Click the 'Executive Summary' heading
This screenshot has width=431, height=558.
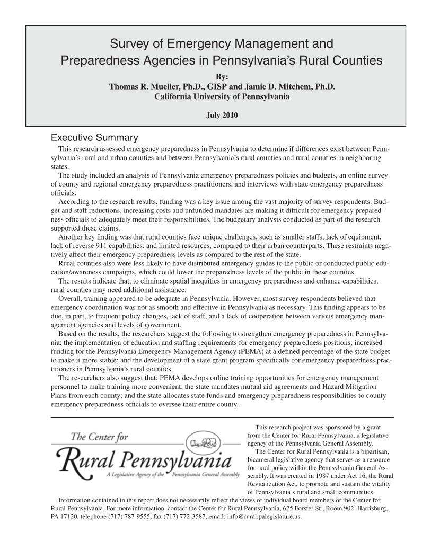(x=94, y=138)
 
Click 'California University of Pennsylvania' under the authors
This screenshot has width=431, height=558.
(x=215, y=96)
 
